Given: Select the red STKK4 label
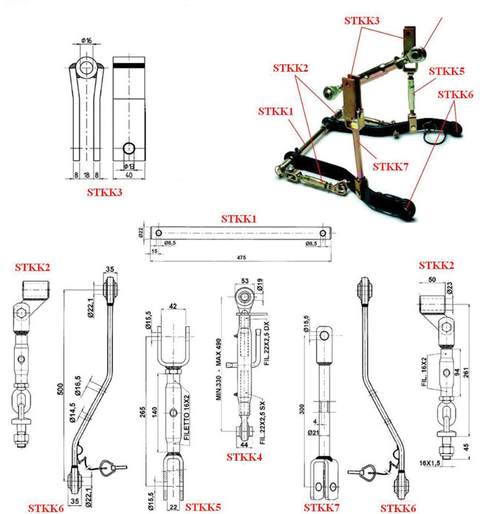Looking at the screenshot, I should [x=245, y=458].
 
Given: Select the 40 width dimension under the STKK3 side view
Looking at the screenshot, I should [x=129, y=176].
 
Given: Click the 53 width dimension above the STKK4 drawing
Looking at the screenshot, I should [x=244, y=281].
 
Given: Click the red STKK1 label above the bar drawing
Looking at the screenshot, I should [x=239, y=219].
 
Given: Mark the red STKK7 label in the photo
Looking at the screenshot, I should [x=391, y=167].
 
